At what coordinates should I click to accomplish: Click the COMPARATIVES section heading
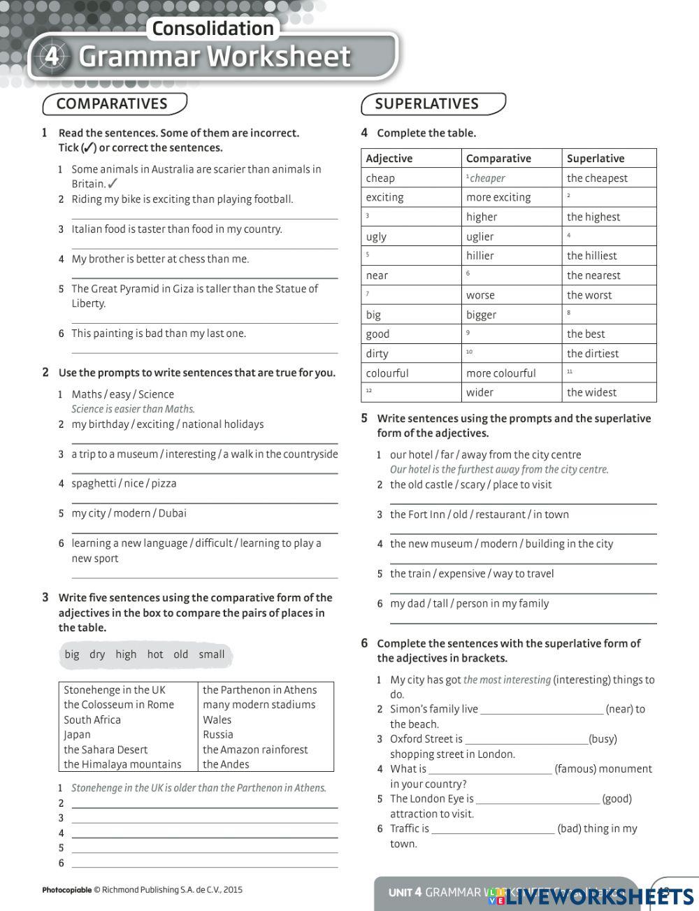112,104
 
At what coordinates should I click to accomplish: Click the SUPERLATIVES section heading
426,104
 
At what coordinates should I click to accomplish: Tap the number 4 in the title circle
52,57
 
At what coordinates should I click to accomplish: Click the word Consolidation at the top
212,29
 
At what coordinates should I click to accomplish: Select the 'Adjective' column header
389,159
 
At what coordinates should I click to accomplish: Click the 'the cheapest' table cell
597,178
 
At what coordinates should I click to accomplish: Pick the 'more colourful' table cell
500,373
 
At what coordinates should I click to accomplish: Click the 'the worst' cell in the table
589,295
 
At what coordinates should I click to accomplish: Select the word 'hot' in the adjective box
154,654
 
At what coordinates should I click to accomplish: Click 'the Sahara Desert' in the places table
106,749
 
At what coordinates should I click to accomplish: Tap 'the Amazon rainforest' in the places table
255,749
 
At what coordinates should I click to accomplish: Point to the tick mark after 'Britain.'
113,184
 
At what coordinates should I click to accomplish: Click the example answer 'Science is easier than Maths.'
133,409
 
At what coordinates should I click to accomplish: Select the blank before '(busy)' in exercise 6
526,740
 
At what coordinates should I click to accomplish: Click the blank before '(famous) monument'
489,770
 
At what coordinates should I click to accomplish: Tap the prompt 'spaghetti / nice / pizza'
124,484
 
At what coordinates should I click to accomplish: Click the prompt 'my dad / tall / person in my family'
469,603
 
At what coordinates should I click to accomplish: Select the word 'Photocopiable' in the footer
66,890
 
